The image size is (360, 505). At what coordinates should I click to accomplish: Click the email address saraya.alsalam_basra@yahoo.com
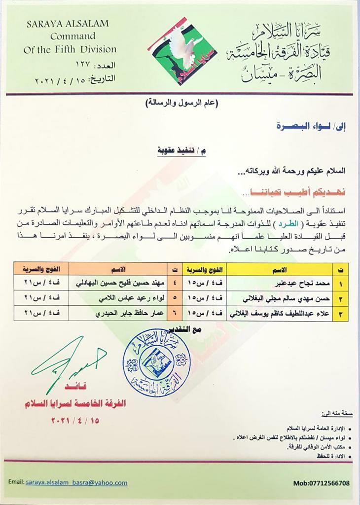[77, 483]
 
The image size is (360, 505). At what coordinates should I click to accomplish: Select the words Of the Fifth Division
[70, 49]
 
